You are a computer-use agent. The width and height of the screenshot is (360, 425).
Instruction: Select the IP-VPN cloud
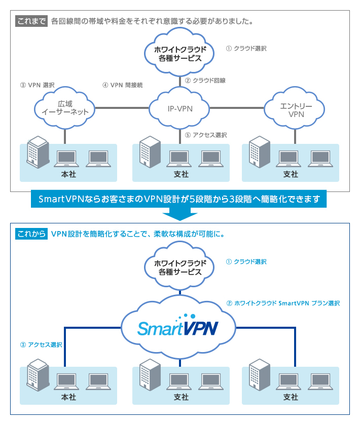[x=180, y=108]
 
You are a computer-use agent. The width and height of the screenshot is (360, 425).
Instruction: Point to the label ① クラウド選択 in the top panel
[x=246, y=49]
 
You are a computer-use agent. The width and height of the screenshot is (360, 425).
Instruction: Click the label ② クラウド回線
[x=205, y=80]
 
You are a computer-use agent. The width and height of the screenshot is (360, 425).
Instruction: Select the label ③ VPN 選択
[x=37, y=85]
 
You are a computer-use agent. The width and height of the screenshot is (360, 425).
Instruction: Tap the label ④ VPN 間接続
[x=123, y=85]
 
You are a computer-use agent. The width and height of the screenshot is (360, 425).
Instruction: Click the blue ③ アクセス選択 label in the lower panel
[x=41, y=344]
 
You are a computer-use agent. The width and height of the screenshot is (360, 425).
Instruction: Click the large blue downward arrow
[x=179, y=214]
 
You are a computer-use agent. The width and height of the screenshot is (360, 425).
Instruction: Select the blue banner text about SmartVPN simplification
[x=179, y=199]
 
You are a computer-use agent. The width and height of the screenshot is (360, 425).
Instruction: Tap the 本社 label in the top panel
[x=68, y=174]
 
